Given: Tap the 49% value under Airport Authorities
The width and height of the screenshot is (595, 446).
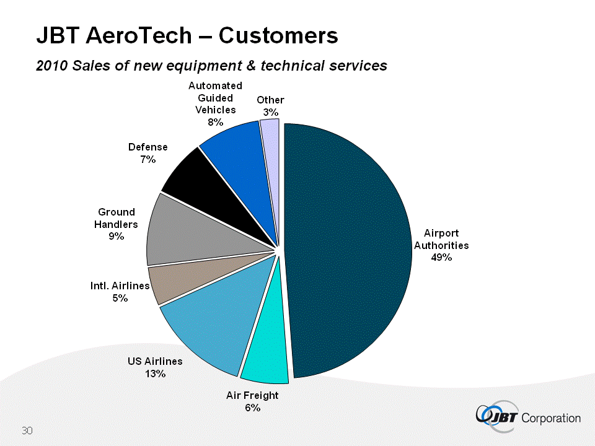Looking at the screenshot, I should [441, 258].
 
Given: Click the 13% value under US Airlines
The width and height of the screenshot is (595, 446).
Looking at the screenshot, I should [155, 374].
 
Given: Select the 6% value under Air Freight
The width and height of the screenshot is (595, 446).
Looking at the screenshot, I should [252, 408].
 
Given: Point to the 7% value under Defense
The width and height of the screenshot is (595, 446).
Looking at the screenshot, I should [148, 159].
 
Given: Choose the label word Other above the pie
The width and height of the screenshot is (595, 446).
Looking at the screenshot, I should [270, 100].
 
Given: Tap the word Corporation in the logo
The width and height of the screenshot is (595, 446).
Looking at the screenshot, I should [552, 418].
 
